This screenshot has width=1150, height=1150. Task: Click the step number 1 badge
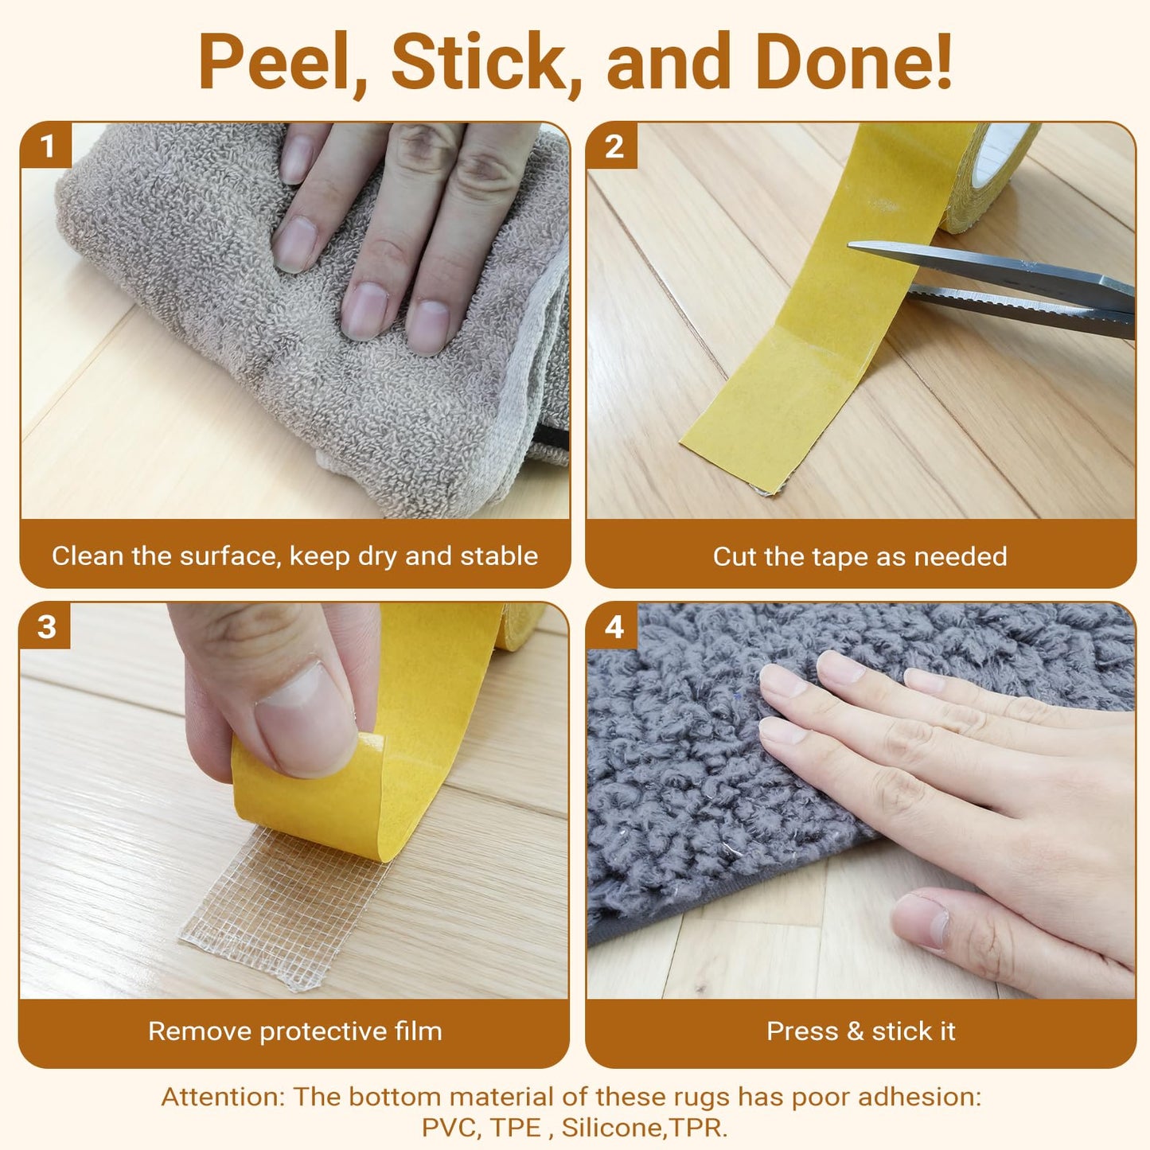point(46,146)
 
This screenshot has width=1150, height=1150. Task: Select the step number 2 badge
point(613,146)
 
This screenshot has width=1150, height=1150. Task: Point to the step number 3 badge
point(46,626)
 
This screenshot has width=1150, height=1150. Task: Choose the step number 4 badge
point(613,626)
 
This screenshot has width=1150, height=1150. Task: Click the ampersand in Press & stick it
point(855,1031)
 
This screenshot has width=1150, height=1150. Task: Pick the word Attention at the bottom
point(223,1097)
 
